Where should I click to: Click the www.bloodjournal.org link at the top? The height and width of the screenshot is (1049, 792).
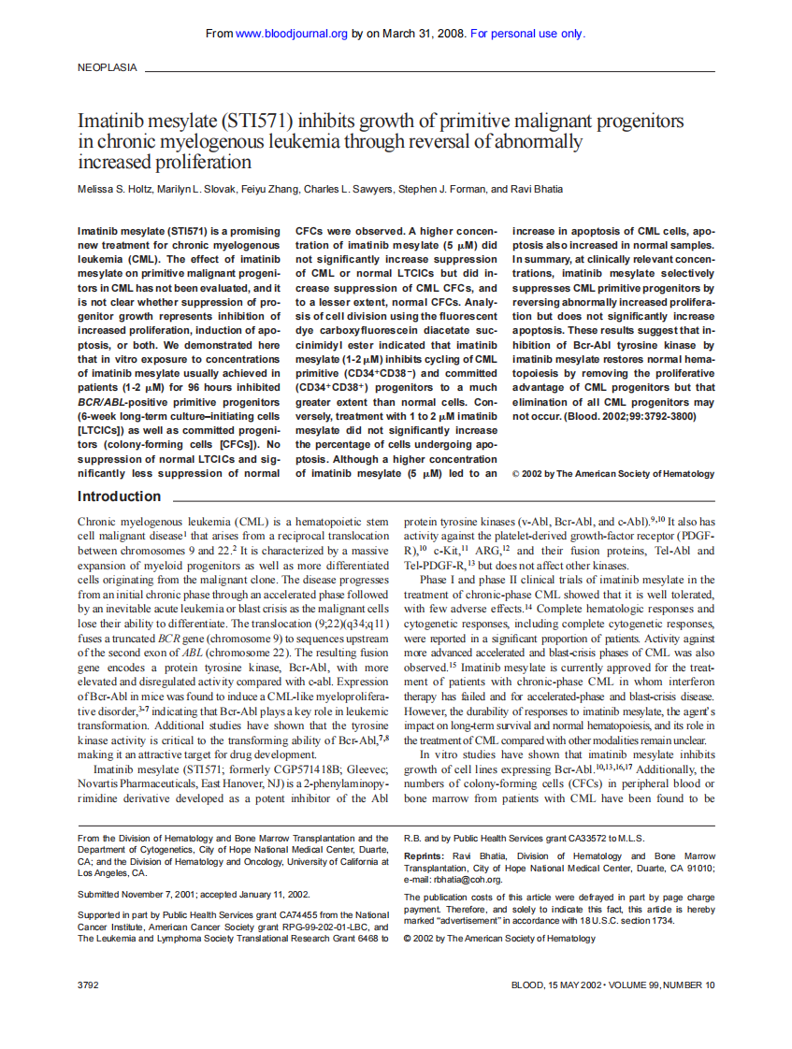coord(292,34)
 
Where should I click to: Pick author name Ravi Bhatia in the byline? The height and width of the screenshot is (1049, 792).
coord(536,189)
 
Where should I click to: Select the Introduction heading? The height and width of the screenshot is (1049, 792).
coord(119,496)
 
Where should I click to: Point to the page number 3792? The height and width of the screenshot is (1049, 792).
coord(88,984)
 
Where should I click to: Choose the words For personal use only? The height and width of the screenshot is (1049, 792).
coord(527,34)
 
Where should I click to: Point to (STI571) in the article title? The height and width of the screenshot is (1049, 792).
coord(253,122)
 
